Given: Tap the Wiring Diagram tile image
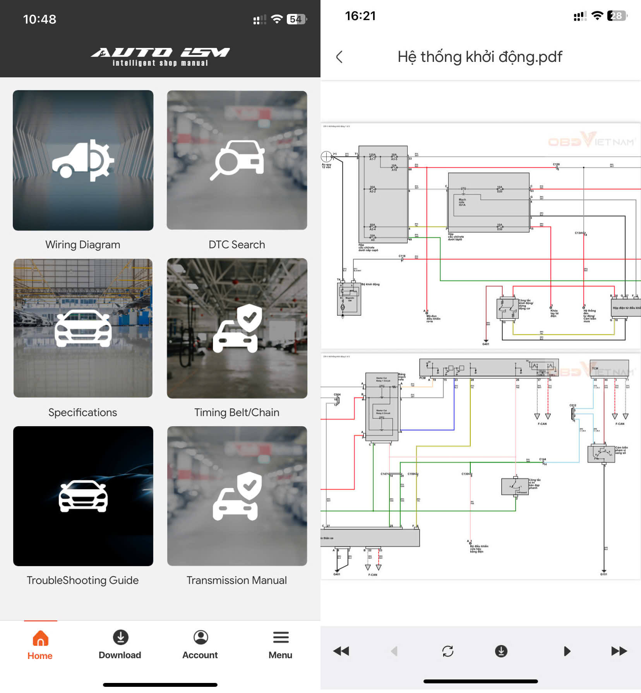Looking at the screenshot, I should click(x=83, y=160).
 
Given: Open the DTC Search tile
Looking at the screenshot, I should click(x=237, y=160).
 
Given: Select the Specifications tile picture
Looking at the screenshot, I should click(x=83, y=328).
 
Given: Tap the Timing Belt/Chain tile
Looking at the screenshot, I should click(x=237, y=328).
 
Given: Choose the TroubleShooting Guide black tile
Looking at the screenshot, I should click(x=83, y=496).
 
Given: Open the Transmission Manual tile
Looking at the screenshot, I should click(x=237, y=496).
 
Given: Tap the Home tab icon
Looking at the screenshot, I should click(x=40, y=638).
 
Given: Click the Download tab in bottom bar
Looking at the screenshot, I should click(x=120, y=645).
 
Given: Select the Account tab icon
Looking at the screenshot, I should click(x=201, y=637).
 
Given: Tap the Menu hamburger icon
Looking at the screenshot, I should click(x=281, y=637).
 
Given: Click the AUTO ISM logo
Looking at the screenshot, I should click(x=160, y=57).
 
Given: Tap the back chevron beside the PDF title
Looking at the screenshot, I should click(x=339, y=57).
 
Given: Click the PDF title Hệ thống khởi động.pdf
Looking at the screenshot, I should click(x=480, y=57).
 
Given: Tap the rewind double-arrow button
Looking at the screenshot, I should click(x=341, y=651).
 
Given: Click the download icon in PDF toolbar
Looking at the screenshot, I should click(x=501, y=651).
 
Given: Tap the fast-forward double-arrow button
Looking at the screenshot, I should click(x=619, y=651).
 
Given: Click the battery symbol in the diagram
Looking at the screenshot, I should click(x=326, y=156).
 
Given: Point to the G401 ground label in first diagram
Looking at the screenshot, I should click(x=485, y=344).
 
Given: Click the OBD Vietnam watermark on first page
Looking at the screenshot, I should click(x=591, y=140).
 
